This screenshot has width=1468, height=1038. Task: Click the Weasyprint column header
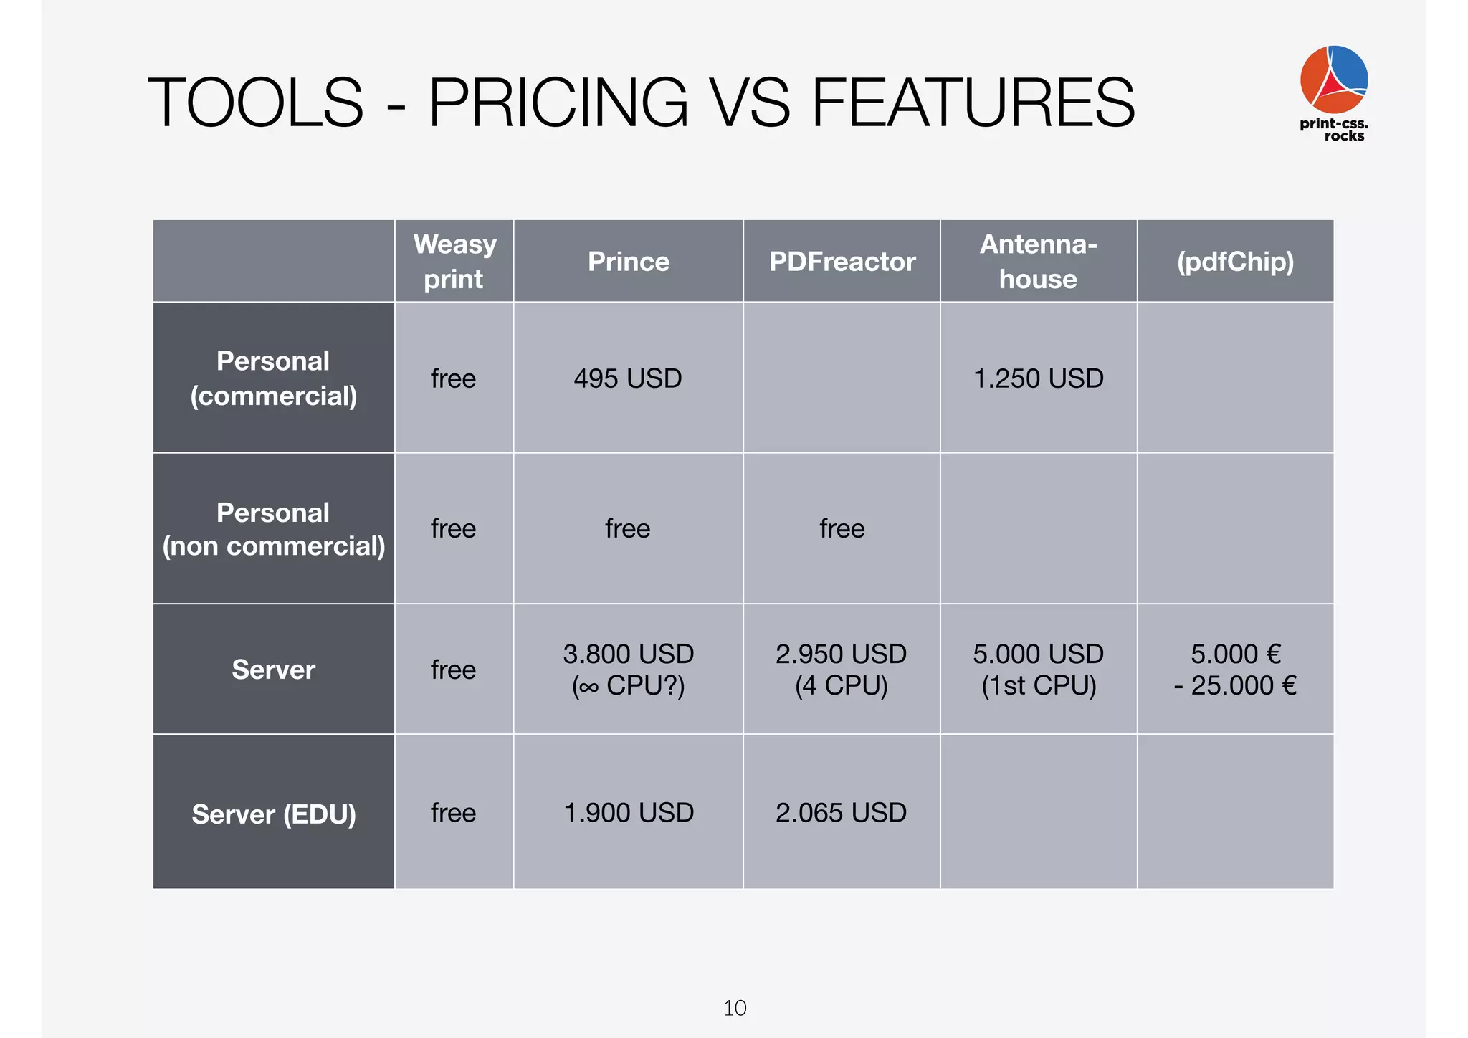[454, 261]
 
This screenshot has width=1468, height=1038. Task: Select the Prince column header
[628, 262]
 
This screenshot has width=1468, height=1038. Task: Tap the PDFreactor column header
[842, 262]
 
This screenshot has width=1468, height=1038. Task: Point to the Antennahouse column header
[1038, 261]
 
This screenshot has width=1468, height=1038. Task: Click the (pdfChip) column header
[1235, 262]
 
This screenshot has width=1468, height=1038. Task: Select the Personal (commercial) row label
[273, 378]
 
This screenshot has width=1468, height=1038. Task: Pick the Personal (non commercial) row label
[273, 529]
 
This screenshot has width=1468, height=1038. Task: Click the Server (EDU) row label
[273, 814]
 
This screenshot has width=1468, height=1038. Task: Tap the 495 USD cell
[627, 378]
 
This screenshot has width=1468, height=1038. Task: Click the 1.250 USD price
[1038, 378]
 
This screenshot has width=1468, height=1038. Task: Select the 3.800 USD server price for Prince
[628, 654]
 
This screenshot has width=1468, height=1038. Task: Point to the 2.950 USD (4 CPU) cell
[841, 670]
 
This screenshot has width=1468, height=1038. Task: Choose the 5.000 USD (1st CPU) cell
[1038, 670]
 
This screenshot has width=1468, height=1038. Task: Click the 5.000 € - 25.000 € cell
[1235, 670]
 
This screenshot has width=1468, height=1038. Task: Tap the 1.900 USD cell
[628, 813]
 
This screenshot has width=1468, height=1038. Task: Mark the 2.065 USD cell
[841, 813]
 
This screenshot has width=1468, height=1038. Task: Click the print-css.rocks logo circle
[1333, 79]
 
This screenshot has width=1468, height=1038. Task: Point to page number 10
[735, 1008]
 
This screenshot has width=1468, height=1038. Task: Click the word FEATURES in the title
[973, 103]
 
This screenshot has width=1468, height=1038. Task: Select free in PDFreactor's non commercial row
[842, 529]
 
